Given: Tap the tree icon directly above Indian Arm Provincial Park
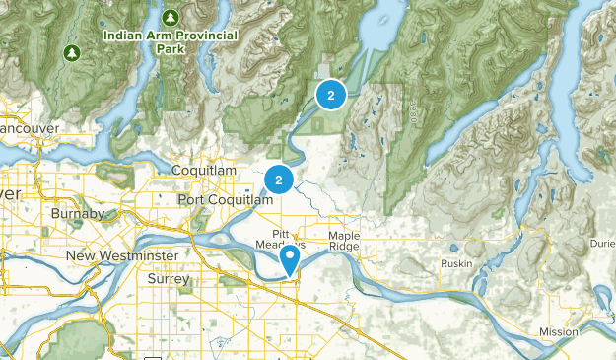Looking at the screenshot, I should (x=171, y=18).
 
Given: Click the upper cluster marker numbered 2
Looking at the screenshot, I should (x=330, y=95).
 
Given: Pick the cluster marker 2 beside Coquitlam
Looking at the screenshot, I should (x=279, y=180).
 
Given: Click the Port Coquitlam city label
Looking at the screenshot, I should (x=225, y=200).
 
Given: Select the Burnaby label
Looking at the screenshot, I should (x=78, y=214).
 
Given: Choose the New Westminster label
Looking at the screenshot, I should (x=122, y=256).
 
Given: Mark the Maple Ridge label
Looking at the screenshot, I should (x=344, y=242).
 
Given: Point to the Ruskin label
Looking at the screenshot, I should (x=457, y=264).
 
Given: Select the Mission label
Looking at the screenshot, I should (x=559, y=332).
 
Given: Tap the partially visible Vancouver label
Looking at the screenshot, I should (x=30, y=129).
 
